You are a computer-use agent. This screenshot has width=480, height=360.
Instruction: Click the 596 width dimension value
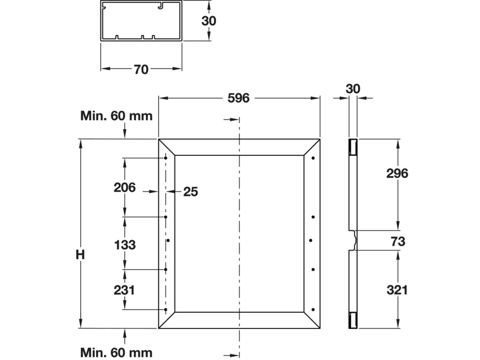(x=238, y=98)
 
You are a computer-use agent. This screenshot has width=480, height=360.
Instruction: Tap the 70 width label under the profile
(x=141, y=69)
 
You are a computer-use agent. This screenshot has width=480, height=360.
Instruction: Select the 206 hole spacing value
(x=125, y=187)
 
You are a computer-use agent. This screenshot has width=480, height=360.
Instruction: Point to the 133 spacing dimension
(x=125, y=245)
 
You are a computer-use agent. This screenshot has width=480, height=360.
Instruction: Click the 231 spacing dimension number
(x=124, y=290)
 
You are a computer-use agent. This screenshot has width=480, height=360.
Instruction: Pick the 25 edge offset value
(x=190, y=192)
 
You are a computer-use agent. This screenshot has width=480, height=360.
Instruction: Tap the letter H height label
(x=80, y=255)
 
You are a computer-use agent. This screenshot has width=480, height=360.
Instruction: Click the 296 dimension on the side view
(x=397, y=174)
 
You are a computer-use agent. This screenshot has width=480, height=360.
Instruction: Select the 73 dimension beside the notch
(x=398, y=242)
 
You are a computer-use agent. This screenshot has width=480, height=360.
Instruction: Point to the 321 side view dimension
(x=397, y=290)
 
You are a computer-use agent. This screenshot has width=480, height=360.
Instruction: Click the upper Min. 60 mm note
(x=117, y=116)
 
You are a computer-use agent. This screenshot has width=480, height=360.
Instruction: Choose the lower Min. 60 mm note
(x=117, y=353)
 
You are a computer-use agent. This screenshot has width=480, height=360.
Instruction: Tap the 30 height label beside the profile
(x=209, y=21)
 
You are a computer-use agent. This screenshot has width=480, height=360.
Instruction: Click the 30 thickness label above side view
(x=353, y=89)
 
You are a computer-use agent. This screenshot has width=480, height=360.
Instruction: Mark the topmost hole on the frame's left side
(x=166, y=158)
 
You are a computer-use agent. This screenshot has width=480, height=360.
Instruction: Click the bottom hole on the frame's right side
(x=313, y=310)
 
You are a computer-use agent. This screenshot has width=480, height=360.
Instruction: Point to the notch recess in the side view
(x=355, y=240)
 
